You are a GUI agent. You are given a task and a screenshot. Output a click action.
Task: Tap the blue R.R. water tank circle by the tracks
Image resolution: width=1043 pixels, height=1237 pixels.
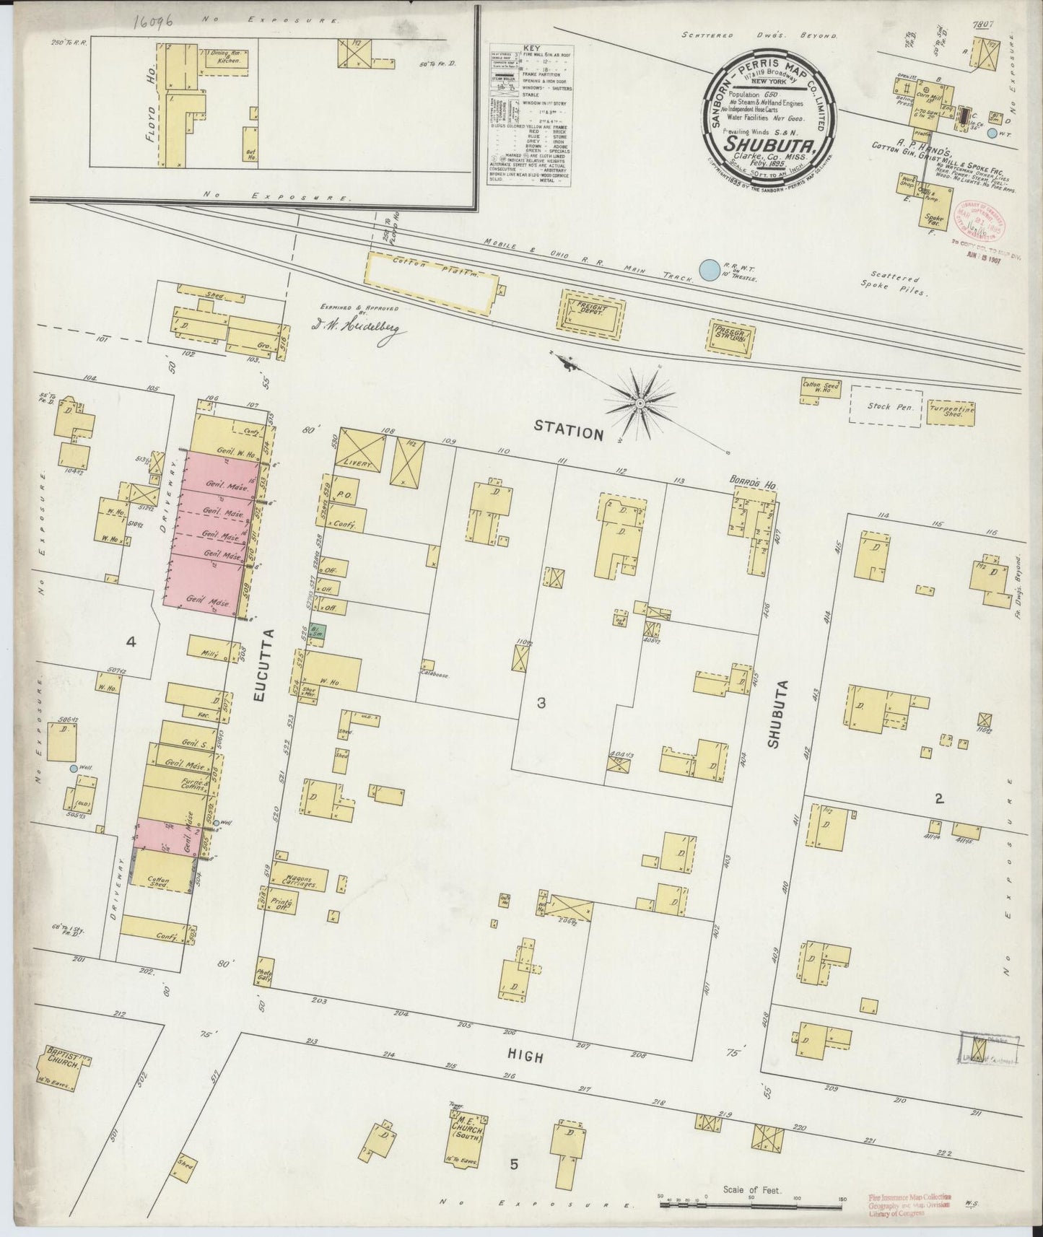(710, 270)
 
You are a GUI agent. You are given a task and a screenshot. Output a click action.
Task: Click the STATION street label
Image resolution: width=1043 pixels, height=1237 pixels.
(568, 432)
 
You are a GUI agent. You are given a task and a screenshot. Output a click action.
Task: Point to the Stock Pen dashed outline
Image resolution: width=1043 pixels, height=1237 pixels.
(886, 406)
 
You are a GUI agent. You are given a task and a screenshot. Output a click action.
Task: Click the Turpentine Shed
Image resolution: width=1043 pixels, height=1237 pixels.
(956, 411)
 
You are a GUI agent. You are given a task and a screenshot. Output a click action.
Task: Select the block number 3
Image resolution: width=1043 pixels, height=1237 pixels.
(541, 702)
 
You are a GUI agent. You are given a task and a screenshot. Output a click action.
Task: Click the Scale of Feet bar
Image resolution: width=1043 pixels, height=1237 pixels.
(751, 1198)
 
